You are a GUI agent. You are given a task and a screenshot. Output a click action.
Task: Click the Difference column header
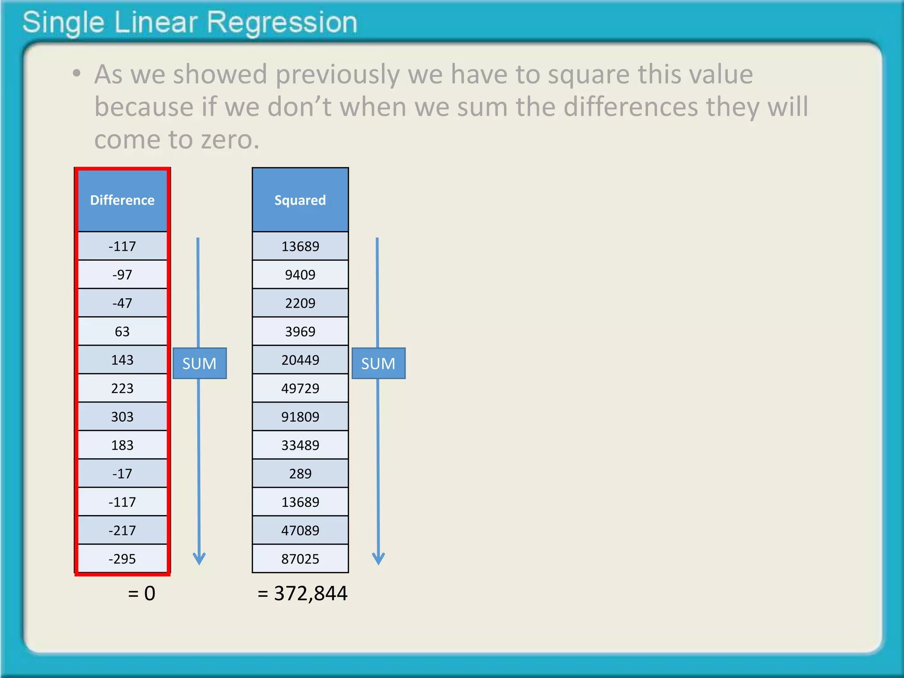point(122,200)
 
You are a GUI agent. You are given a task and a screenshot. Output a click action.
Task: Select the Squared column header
point(300,200)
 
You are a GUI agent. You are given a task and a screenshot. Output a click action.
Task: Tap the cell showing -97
point(122,275)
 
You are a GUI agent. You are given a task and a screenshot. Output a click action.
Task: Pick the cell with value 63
point(122,331)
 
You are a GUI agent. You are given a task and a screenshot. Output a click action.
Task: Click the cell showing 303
point(122,417)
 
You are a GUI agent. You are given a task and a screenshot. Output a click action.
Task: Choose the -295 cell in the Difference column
point(122,559)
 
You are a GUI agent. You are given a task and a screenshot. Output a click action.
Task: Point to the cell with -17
point(122,474)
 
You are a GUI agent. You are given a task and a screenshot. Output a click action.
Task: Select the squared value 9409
point(300,275)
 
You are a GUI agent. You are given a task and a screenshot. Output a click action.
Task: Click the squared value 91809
point(300,417)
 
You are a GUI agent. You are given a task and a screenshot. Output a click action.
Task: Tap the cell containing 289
point(300,474)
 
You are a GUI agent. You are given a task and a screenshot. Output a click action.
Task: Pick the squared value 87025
point(300,559)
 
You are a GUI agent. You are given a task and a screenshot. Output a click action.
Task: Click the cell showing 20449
point(300,360)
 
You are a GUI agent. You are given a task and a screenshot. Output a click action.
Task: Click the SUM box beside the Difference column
point(200,363)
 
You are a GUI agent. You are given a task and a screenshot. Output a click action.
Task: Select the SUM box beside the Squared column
point(378,363)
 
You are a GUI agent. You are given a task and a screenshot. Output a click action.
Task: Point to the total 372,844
point(310,593)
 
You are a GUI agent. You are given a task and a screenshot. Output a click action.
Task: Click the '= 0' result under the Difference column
point(142,593)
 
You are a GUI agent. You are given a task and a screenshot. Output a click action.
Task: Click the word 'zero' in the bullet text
point(229,139)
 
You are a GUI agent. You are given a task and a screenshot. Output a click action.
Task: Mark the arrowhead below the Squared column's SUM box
point(378,558)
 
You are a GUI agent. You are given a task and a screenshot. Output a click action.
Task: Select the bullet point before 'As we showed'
point(77,73)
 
